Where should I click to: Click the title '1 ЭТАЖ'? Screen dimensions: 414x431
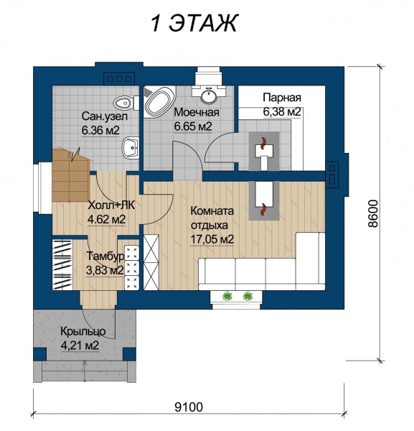194,24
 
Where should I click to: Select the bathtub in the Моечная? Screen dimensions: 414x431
160,102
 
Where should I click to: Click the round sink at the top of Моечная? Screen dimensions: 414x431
209,96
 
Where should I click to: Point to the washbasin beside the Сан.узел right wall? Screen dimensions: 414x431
130,148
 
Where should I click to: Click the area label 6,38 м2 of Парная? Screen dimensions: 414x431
282,112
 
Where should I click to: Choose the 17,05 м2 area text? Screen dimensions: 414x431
212,239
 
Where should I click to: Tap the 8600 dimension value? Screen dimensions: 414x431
373,213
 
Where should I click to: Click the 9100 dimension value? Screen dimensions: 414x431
189,407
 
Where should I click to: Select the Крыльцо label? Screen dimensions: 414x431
83,331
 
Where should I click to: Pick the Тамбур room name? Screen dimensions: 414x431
105,256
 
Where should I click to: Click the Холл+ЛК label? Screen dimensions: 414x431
111,205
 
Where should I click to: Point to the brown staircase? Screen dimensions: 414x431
71,175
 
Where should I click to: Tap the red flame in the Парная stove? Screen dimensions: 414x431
263,144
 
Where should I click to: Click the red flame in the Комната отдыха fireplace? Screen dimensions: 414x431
263,208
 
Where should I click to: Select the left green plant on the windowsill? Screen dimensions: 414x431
227,296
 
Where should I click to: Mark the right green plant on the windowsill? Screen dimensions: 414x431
248,296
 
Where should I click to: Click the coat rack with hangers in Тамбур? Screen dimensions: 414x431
62,264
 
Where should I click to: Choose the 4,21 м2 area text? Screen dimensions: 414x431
80,346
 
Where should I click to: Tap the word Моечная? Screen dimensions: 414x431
197,113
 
